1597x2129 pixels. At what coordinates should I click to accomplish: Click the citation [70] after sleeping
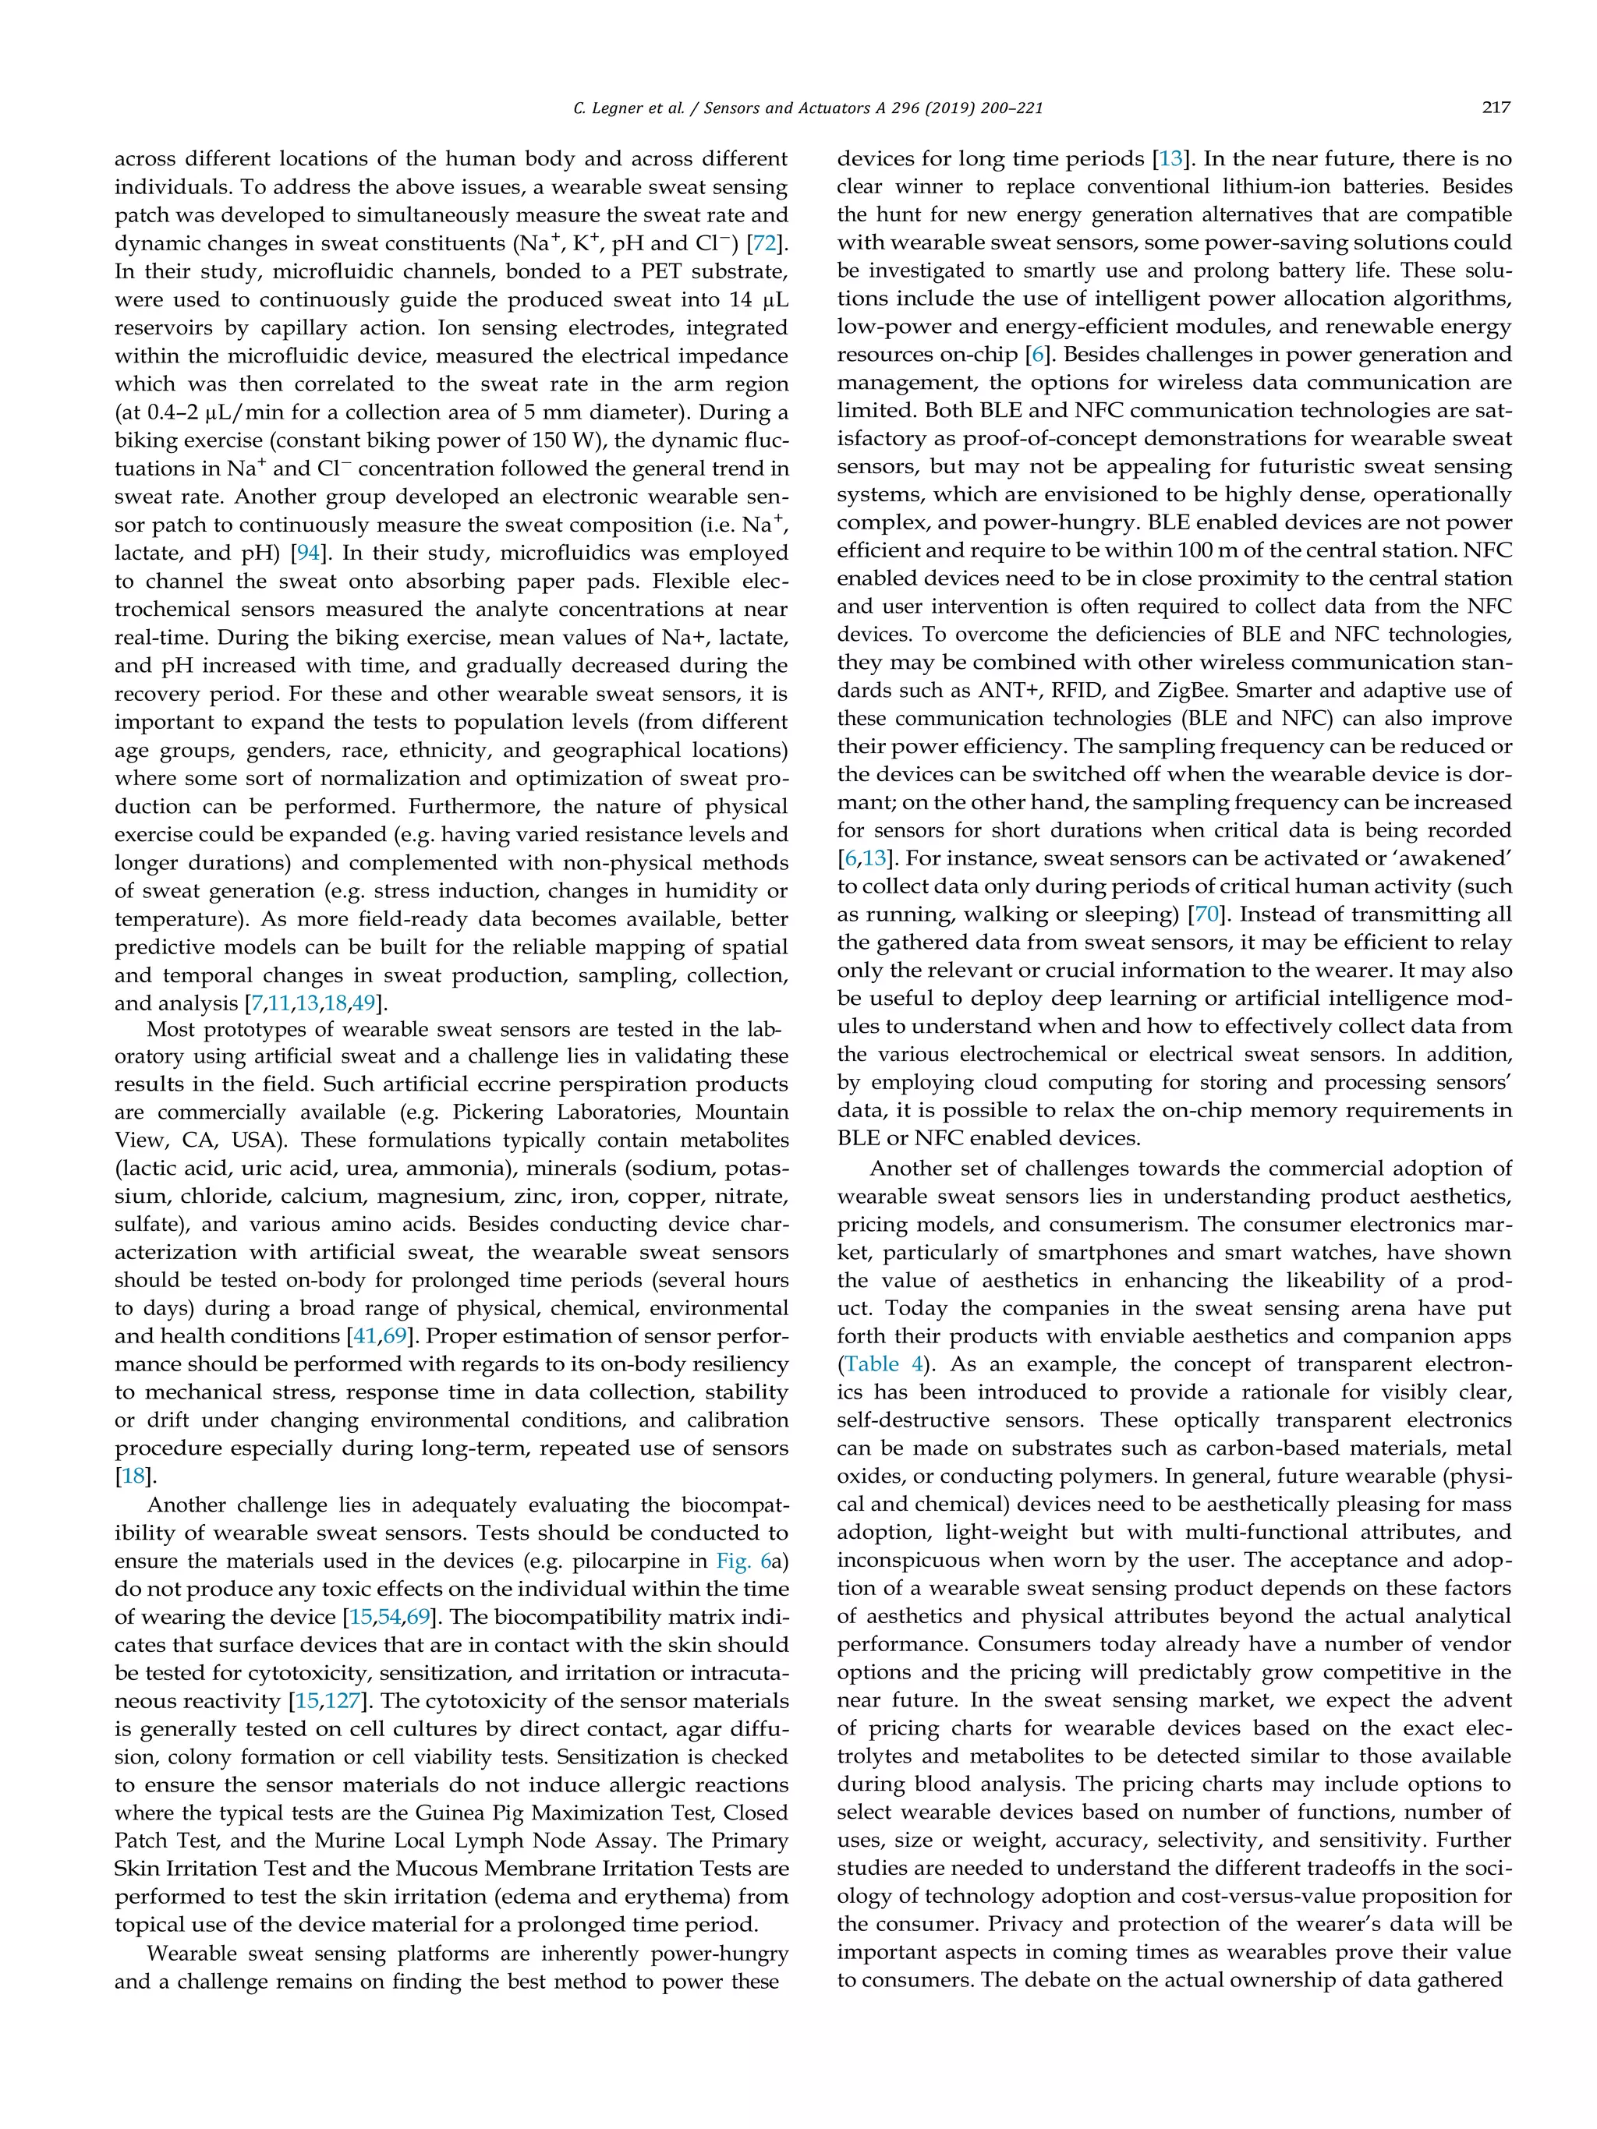coord(1208,914)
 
